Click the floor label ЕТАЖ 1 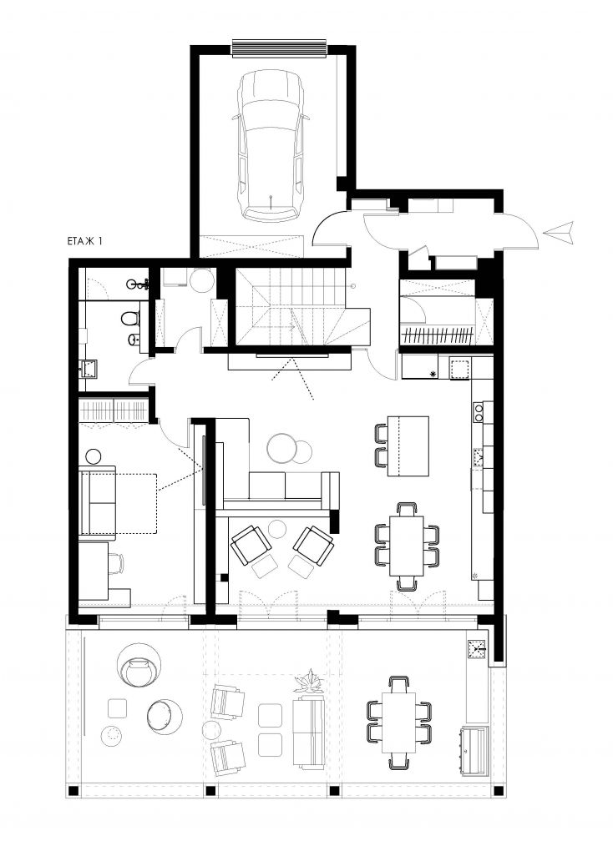(84, 241)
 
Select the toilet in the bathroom (130, 320)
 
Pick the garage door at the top (279, 48)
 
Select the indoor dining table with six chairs (406, 546)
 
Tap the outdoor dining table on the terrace (398, 723)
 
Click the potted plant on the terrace (310, 682)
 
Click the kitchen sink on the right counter (479, 457)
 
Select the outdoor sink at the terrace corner (477, 650)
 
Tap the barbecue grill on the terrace (474, 744)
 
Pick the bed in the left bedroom (118, 503)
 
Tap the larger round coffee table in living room (283, 448)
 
